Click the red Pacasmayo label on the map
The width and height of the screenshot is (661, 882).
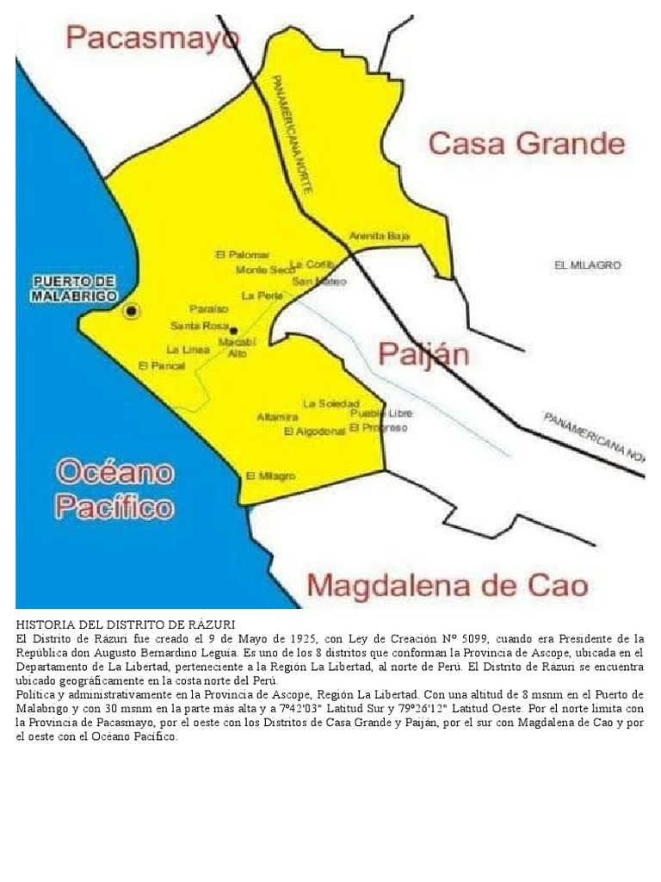tap(153, 39)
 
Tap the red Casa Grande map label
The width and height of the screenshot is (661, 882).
tap(526, 143)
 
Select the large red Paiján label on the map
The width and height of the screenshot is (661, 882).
tap(423, 354)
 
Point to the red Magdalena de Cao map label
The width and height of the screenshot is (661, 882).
tap(448, 587)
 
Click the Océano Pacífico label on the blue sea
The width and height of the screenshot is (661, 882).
tap(114, 490)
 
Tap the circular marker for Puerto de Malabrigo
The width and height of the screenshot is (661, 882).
tap(131, 311)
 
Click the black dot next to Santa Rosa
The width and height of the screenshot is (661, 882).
tap(233, 329)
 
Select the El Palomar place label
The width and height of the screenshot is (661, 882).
tap(243, 255)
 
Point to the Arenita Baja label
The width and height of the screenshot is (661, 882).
tap(380, 236)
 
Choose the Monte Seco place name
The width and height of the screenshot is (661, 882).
tap(265, 270)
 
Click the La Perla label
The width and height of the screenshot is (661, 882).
tap(262, 295)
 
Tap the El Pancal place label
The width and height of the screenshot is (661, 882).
tap(161, 366)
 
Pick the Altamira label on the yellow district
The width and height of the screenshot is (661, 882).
tap(277, 418)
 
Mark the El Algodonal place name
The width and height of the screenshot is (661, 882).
tap(314, 432)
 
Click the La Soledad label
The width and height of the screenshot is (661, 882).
tap(330, 403)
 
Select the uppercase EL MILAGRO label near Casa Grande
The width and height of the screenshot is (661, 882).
tap(587, 265)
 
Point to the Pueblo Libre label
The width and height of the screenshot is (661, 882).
tap(382, 413)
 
